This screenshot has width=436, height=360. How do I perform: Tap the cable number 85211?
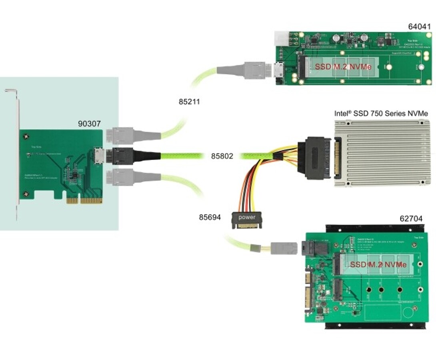click(x=189, y=102)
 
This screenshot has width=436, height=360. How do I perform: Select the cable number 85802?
click(x=222, y=156)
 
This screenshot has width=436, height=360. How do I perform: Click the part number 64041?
click(x=419, y=27)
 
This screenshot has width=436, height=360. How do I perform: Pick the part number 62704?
click(x=411, y=219)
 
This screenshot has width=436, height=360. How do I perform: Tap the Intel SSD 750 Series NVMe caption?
click(x=381, y=114)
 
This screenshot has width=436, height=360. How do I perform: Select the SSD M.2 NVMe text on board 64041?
click(x=345, y=67)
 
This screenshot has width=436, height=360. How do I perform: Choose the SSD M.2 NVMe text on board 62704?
click(x=378, y=265)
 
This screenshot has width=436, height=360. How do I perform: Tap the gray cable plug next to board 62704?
click(x=284, y=248)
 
